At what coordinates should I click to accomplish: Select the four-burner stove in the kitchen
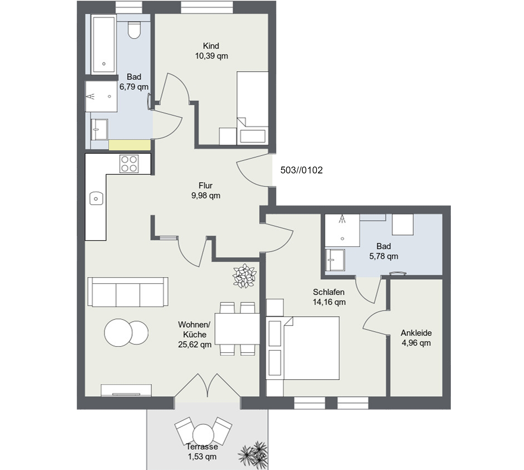(129, 164)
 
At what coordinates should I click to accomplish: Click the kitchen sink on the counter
(96, 198)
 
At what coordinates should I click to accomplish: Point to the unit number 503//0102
(301, 170)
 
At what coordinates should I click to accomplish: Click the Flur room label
(206, 186)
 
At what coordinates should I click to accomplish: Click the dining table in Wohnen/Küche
(237, 329)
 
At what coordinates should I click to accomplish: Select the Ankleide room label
(416, 333)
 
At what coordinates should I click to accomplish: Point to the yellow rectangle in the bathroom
(129, 145)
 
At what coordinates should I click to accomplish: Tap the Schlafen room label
(329, 292)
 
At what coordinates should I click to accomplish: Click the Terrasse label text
(202, 447)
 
